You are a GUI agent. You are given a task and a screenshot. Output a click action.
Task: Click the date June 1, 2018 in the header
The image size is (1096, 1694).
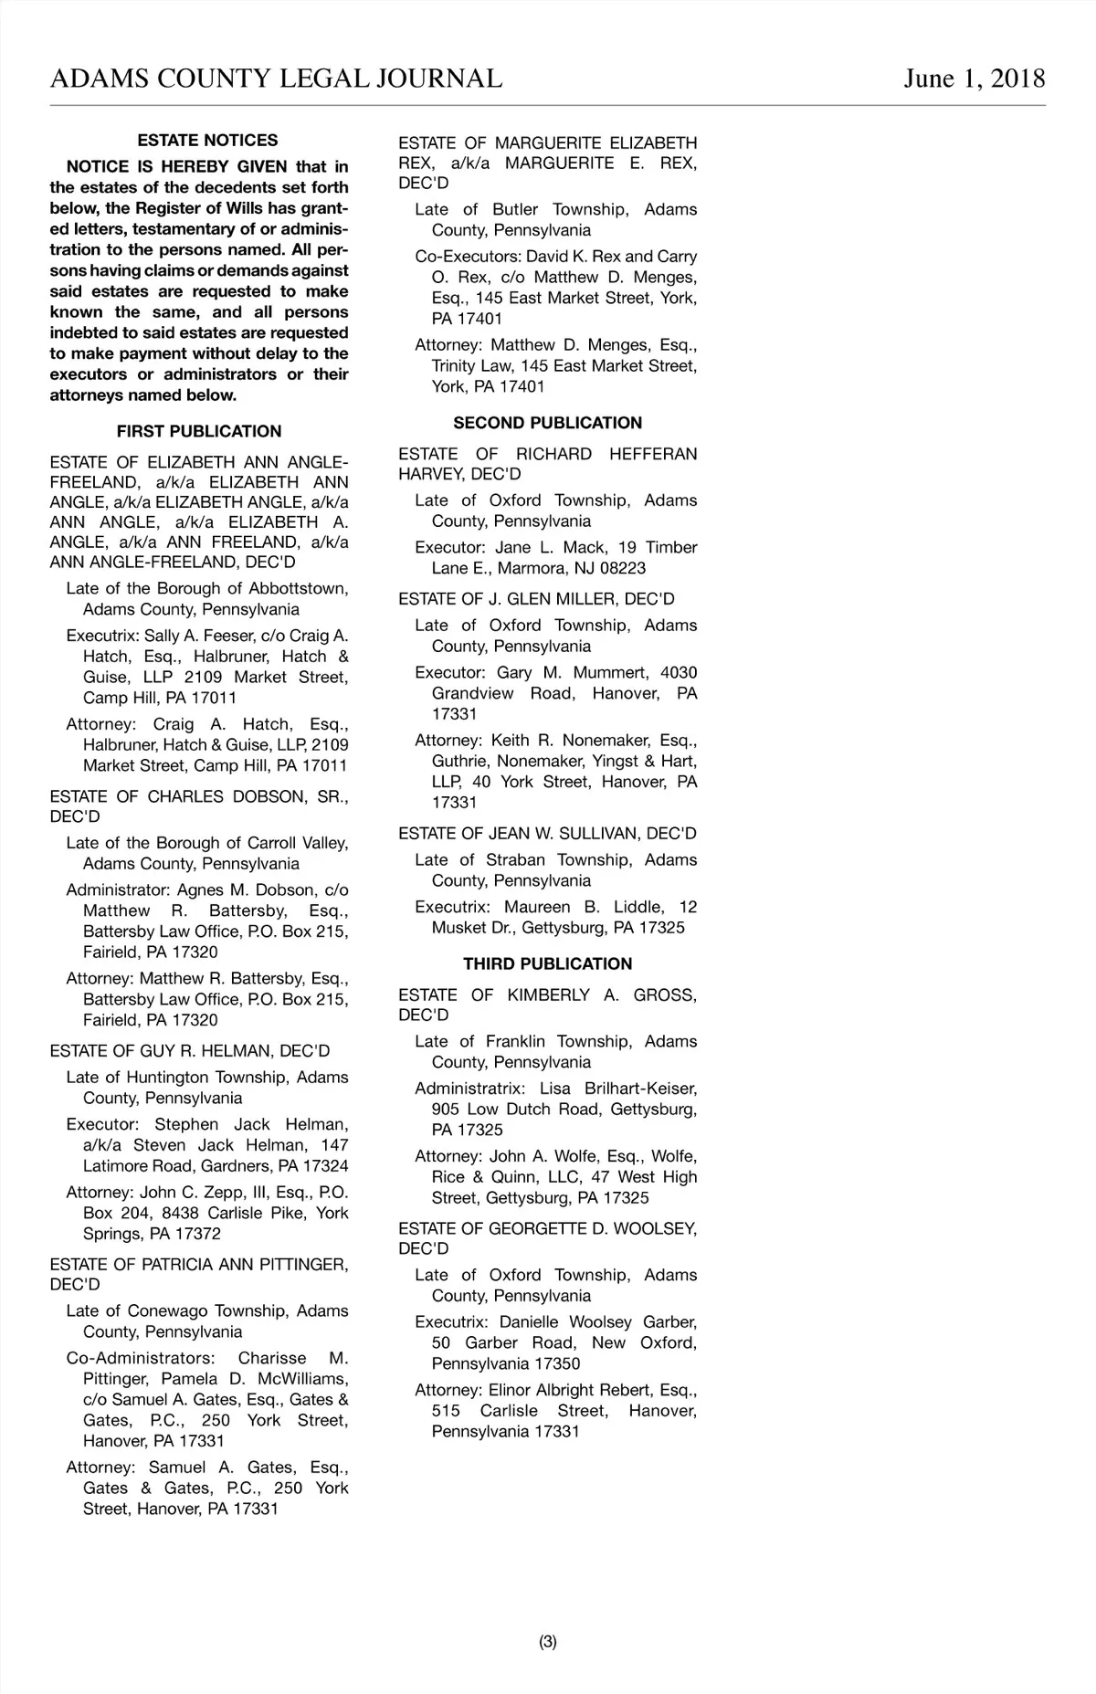pyautogui.click(x=974, y=79)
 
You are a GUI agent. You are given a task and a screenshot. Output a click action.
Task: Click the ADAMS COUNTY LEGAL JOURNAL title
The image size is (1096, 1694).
pyautogui.click(x=276, y=79)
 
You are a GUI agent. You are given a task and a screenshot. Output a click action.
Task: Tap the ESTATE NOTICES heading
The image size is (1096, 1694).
pyautogui.click(x=207, y=141)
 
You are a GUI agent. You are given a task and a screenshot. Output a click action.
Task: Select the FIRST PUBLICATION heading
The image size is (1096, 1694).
pyautogui.click(x=199, y=431)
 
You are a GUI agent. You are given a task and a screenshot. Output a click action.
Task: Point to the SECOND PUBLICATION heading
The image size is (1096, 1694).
pyautogui.click(x=547, y=423)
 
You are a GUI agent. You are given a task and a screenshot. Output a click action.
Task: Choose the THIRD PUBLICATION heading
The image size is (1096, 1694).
pyautogui.click(x=547, y=963)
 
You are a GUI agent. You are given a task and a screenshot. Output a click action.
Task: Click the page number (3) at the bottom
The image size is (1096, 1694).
pyautogui.click(x=547, y=1642)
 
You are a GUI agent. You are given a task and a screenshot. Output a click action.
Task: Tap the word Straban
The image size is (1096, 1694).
pyautogui.click(x=516, y=860)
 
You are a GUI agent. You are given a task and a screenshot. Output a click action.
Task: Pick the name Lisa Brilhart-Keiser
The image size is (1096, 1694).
pyautogui.click(x=618, y=1089)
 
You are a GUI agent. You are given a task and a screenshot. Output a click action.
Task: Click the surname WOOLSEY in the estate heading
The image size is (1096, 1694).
pyautogui.click(x=655, y=1229)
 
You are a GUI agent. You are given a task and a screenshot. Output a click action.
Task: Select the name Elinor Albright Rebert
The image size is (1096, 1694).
pyautogui.click(x=571, y=1391)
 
